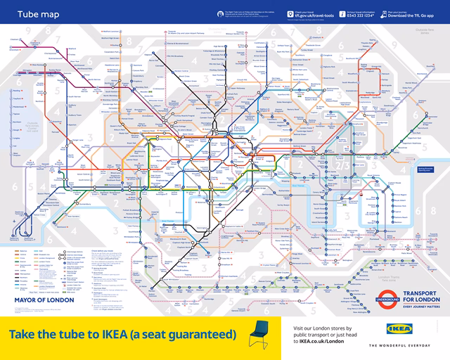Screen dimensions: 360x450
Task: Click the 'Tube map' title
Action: click(32, 13)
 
